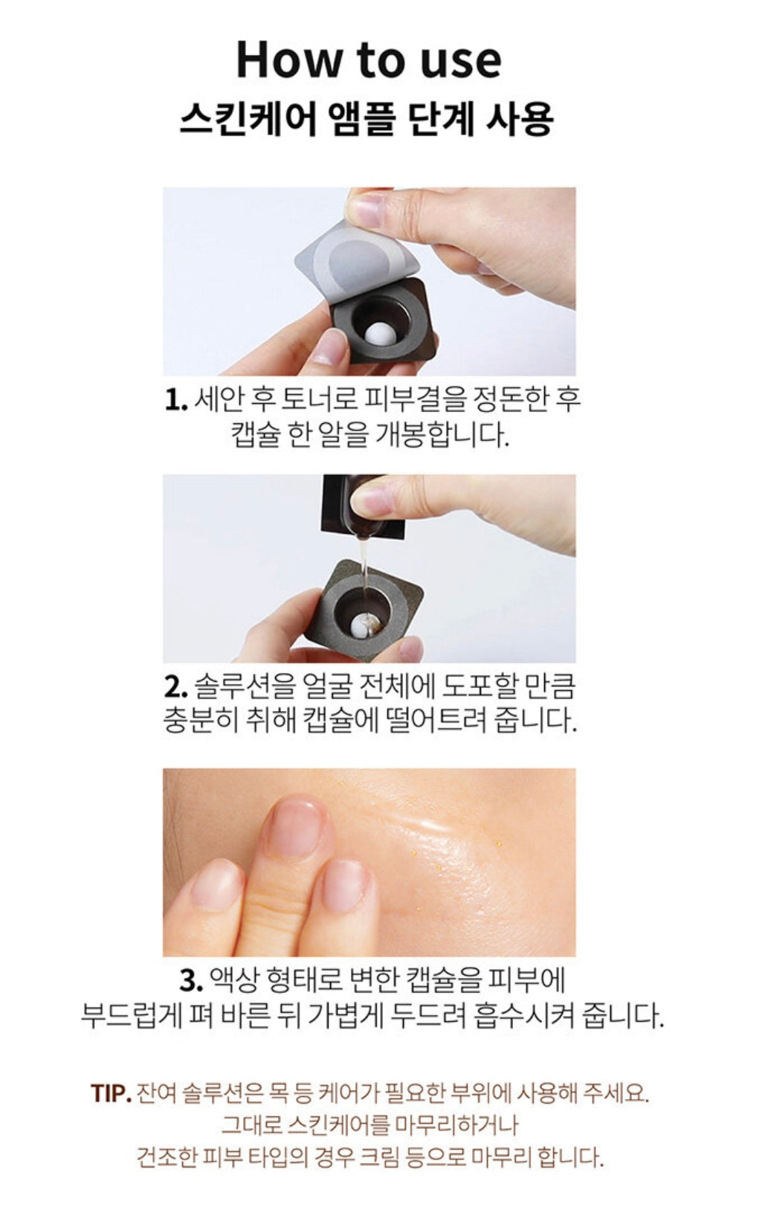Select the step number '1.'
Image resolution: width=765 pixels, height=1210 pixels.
pyautogui.click(x=175, y=401)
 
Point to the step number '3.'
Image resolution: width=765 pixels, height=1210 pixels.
pyautogui.click(x=191, y=980)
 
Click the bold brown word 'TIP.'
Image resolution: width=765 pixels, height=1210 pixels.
pyautogui.click(x=111, y=1093)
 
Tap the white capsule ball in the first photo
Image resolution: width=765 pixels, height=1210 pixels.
pyautogui.click(x=379, y=332)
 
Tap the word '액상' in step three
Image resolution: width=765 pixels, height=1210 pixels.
pyautogui.click(x=233, y=980)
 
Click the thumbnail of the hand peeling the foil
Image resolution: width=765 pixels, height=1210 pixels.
pyautogui.click(x=369, y=281)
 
